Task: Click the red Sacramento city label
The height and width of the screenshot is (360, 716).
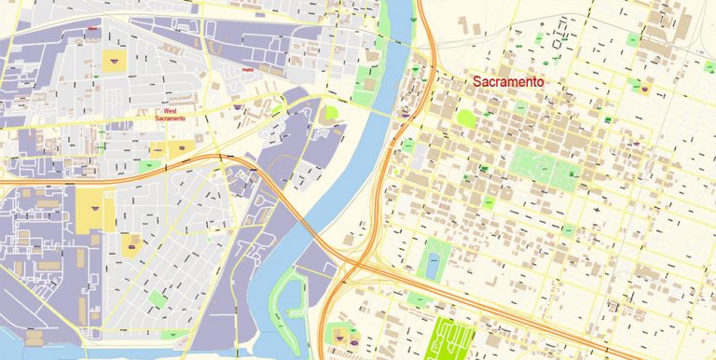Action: (508, 82)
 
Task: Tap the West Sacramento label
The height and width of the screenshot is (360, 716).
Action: (175, 115)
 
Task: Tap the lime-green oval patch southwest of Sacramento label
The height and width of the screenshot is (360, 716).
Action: (465, 118)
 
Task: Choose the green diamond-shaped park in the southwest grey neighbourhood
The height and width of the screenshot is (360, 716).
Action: (157, 298)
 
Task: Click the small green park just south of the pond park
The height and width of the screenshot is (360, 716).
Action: (419, 298)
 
